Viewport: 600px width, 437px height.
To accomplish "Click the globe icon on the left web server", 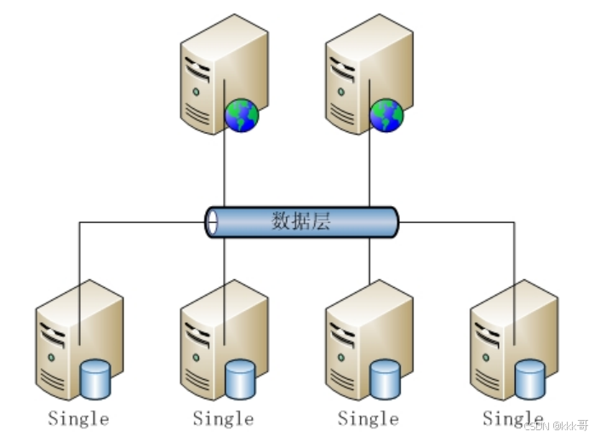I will coord(242,115).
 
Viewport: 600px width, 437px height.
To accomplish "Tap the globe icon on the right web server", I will coord(386,115).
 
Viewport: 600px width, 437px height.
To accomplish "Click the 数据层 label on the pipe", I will coord(301,222).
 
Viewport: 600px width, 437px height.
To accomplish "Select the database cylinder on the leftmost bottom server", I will coord(95,379).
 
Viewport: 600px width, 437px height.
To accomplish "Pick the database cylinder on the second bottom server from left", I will coord(241,379).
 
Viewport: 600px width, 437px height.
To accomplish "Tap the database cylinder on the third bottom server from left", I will coord(386,379).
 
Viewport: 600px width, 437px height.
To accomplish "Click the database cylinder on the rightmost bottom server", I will coord(530,379).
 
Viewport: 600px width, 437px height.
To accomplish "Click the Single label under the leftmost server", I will coord(78,418).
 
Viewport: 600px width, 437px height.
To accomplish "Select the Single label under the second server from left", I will coord(223,418).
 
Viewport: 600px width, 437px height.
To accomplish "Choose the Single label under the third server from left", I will coord(368,418).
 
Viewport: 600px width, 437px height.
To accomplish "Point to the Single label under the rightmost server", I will coord(512,418).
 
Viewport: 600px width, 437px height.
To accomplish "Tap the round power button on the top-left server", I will coord(197,90).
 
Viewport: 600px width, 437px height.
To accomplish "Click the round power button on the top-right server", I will coord(341,90).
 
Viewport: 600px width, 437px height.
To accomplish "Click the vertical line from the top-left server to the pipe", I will coord(225,170).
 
